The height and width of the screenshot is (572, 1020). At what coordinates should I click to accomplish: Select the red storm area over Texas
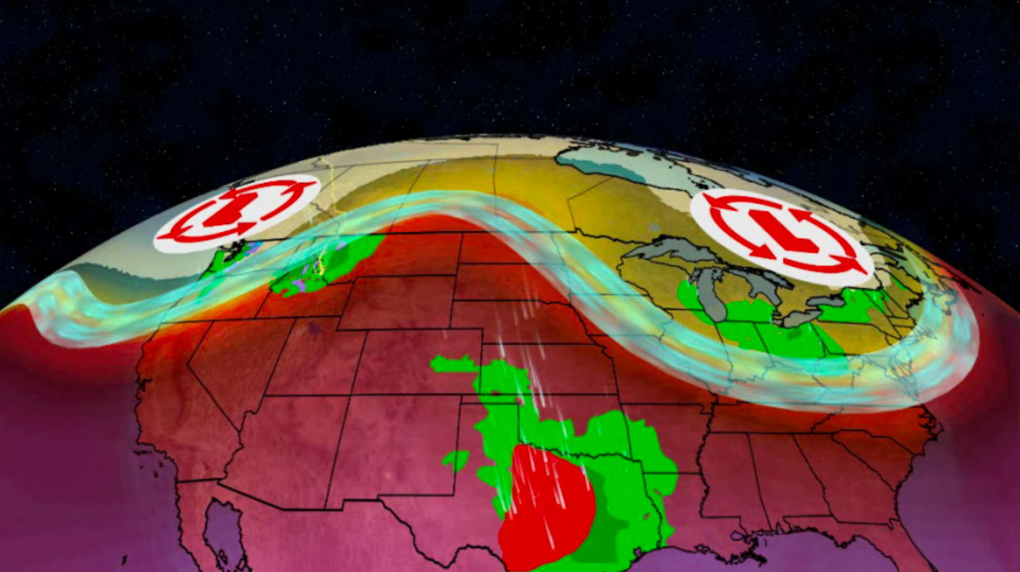[x=546, y=509]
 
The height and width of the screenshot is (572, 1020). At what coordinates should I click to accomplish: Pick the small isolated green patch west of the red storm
[x=456, y=460]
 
